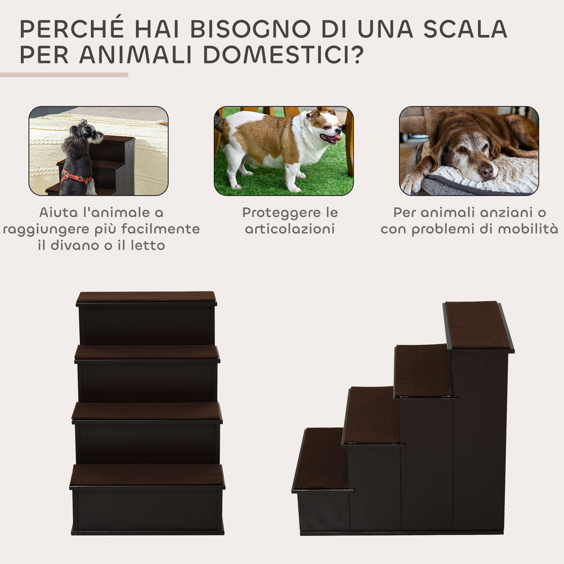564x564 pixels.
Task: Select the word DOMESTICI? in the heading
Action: tap(283, 54)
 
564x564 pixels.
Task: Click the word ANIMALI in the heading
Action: tap(136, 54)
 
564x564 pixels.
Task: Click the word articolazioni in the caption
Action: tap(290, 229)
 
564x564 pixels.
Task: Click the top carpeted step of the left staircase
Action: tap(146, 296)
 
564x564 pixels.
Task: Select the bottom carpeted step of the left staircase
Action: tap(147, 475)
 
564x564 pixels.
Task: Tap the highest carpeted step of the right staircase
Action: tap(478, 325)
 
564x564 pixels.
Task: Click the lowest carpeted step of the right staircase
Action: tap(322, 458)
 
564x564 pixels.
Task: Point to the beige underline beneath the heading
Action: tap(64, 75)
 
